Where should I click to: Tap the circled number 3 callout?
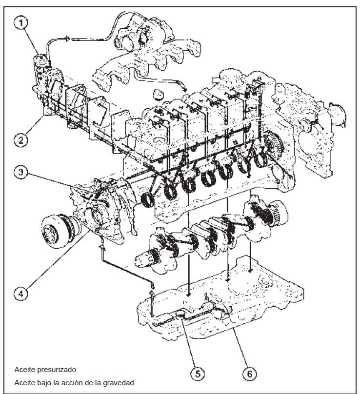pos(21,172)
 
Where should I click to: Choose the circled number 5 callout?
pos(197,374)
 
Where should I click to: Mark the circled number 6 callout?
pos(249,374)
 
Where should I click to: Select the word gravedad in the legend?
pos(116,382)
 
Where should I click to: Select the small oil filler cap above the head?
pos(158,94)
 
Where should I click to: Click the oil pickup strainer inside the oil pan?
pos(181,315)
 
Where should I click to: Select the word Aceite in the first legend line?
pos(24,370)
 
